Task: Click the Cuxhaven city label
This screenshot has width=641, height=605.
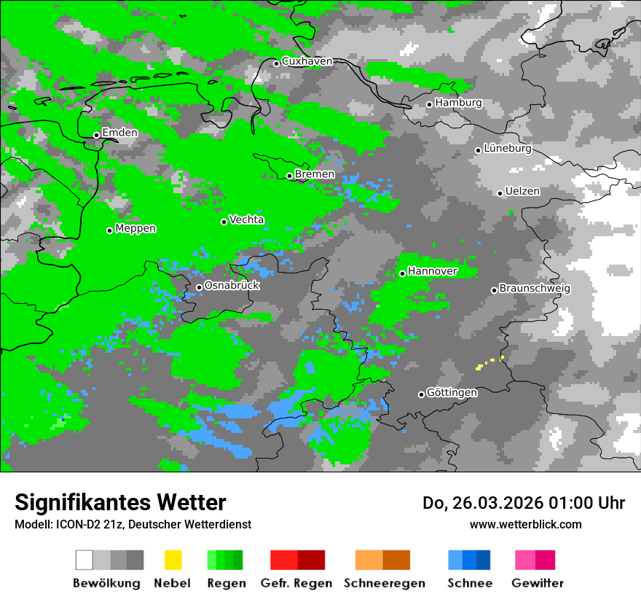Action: tap(307, 62)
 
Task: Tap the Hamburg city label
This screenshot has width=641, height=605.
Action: tap(458, 103)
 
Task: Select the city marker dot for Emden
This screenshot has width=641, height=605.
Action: tap(96, 135)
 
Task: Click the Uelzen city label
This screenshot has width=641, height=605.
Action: tap(522, 192)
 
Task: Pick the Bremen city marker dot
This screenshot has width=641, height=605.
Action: tap(289, 176)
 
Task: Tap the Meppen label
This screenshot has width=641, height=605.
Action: tap(135, 229)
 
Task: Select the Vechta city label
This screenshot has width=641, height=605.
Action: tap(246, 219)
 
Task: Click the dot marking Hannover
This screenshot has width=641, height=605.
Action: tap(402, 273)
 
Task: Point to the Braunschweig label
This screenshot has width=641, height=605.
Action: tap(535, 289)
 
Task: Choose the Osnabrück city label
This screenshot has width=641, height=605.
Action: tap(232, 286)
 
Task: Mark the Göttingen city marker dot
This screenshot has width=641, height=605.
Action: tap(421, 394)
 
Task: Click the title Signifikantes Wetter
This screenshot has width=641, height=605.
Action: tap(120, 502)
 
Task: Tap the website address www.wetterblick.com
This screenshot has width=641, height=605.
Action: tap(525, 524)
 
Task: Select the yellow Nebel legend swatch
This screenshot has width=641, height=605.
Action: tap(173, 560)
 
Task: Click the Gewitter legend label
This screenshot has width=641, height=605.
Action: tap(537, 583)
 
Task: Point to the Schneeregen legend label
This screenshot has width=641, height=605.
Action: tap(385, 583)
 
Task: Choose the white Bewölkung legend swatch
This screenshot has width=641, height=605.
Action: tap(84, 560)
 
